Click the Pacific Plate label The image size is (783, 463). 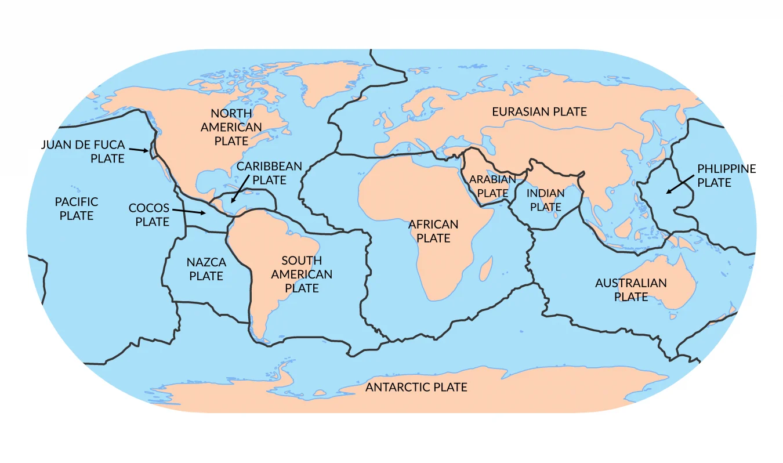[x=77, y=209]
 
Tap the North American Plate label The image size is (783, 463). [x=231, y=126]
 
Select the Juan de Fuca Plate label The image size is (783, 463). [x=83, y=151]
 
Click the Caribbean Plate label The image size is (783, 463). [x=269, y=173]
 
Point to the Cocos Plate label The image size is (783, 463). [x=149, y=215]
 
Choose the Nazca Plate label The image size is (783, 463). [x=206, y=269]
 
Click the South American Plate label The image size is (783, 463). [x=302, y=274]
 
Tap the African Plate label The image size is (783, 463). [x=433, y=231]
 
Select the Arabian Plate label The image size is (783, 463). [x=492, y=186]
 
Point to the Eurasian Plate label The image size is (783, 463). [x=539, y=111]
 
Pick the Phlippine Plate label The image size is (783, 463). [x=726, y=175]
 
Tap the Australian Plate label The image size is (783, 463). [x=631, y=290]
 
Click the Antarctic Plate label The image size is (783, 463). [x=416, y=387]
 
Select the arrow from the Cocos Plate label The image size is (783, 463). [x=189, y=211]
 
